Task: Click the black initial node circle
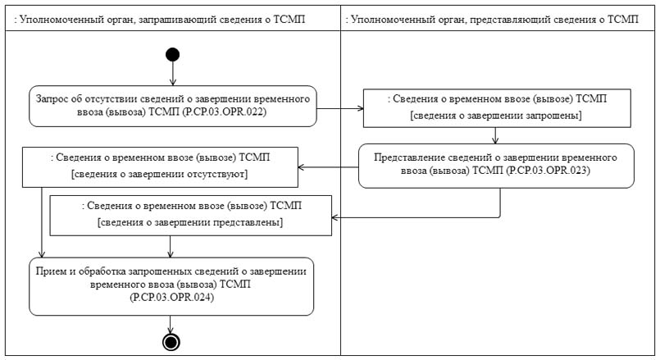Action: (172, 54)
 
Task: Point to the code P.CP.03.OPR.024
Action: (171, 300)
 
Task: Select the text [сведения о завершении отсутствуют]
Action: (159, 175)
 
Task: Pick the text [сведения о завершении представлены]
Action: (189, 223)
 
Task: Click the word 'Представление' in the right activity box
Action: (407, 157)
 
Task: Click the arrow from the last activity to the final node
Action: (171, 323)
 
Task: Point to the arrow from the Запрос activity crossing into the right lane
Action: (340, 106)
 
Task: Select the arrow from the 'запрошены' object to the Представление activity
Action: (497, 135)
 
